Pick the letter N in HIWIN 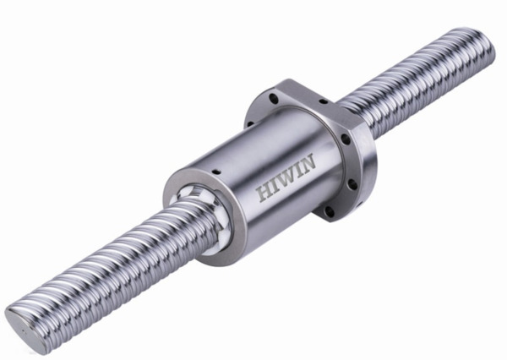point(308,161)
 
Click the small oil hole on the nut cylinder point(215,171)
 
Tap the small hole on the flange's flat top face point(324,102)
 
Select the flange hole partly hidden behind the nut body point(250,123)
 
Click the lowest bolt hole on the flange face point(330,212)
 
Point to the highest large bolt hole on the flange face point(274,98)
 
